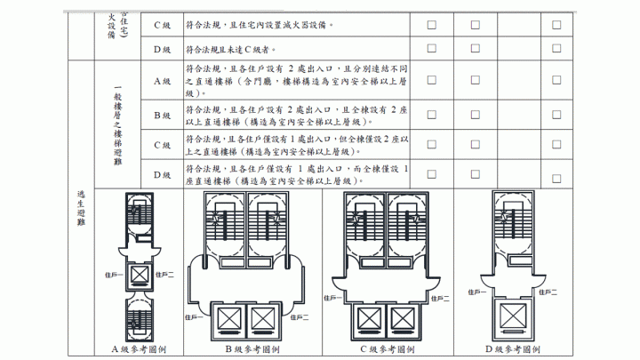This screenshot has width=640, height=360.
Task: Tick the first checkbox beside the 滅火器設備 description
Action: point(432,26)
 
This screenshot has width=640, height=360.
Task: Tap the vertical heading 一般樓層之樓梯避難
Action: point(117,124)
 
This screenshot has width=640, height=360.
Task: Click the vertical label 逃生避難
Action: point(82,210)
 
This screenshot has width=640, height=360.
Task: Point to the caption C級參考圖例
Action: point(389,349)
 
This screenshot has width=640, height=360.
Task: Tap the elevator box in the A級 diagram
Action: point(140,274)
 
